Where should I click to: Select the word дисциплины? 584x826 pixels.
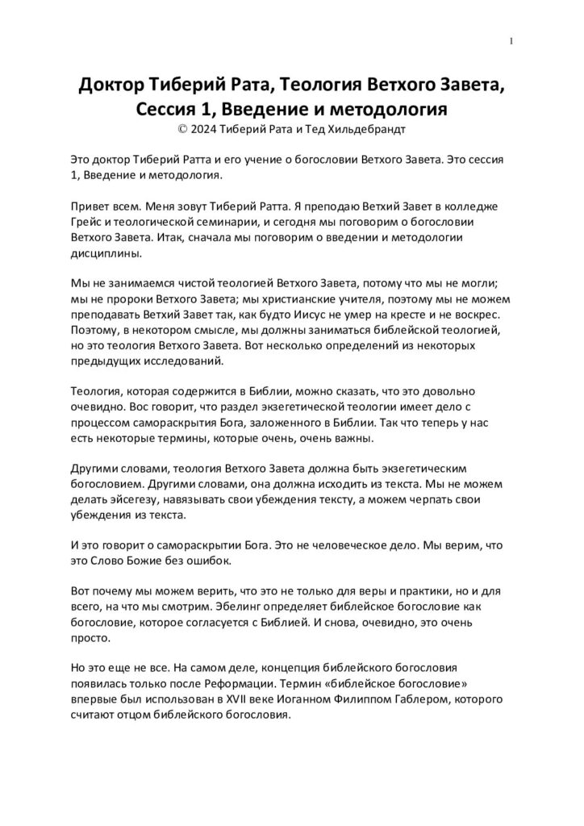[105, 252]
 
